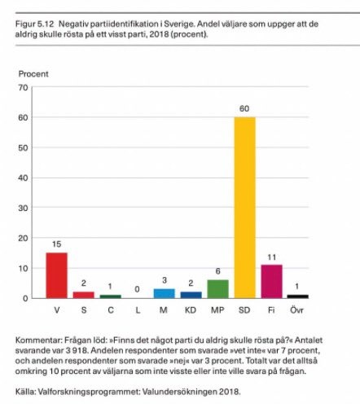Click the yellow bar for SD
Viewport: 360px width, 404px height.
[244, 208]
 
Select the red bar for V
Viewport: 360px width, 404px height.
[56, 275]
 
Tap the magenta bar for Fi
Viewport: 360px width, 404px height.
[271, 282]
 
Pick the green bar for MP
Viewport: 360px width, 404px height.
[217, 289]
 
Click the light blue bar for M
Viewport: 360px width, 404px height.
[164, 293]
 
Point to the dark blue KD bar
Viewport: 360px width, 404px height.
[191, 295]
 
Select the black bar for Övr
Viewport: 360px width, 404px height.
[298, 296]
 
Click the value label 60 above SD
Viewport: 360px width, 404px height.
[244, 108]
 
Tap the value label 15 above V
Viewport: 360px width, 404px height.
[56, 244]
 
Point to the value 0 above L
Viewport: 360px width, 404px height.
[137, 289]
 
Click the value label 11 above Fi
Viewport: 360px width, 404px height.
[271, 257]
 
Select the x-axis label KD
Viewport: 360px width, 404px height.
[191, 310]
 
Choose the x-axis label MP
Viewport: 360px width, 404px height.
[217, 310]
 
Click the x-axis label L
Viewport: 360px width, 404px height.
[138, 310]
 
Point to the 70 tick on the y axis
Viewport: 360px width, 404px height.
[23, 88]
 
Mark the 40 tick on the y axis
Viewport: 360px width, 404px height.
[23, 178]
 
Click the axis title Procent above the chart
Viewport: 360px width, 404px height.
[33, 74]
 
